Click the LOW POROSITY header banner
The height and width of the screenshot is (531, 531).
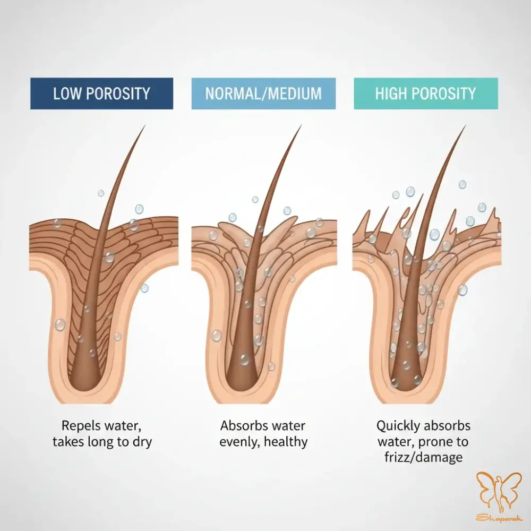click(x=101, y=93)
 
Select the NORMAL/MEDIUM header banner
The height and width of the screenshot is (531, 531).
click(x=263, y=93)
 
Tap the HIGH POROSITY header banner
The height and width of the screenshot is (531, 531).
click(x=426, y=93)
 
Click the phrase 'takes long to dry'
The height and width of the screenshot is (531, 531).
click(x=102, y=442)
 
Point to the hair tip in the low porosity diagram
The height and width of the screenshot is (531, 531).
click(x=144, y=127)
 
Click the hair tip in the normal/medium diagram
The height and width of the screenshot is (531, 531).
click(x=301, y=126)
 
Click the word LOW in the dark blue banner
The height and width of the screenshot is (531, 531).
click(x=67, y=94)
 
